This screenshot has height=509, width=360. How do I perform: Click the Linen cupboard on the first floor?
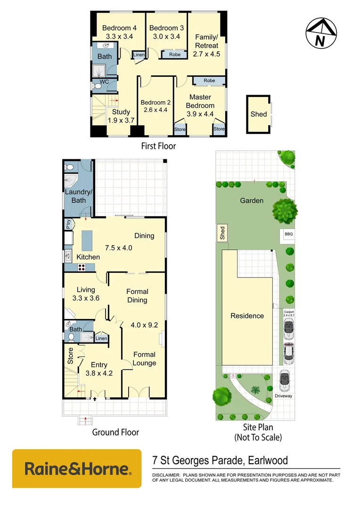click(139, 55)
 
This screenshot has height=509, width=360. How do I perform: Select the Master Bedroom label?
click(200, 101)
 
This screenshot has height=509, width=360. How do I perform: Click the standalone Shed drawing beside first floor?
click(259, 114)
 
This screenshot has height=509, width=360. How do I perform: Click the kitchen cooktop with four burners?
click(81, 267)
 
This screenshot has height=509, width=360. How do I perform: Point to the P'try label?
click(69, 224)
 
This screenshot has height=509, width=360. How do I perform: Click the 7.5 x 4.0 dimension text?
click(118, 247)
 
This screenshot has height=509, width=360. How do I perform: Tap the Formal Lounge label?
click(144, 359)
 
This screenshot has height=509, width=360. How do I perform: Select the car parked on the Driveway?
click(284, 380)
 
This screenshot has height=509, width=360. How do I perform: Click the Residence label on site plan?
click(247, 316)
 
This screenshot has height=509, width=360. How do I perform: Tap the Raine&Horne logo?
click(76, 468)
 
